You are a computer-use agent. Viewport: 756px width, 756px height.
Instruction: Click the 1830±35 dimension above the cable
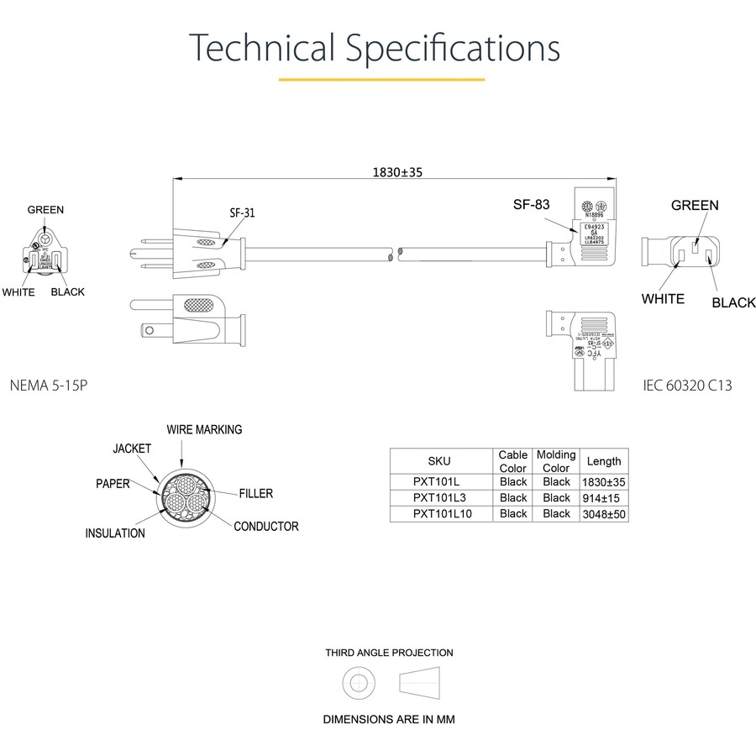tap(397, 172)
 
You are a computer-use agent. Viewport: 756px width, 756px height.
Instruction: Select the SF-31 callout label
tap(242, 213)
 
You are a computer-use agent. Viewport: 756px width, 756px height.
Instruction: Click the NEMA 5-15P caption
tap(49, 386)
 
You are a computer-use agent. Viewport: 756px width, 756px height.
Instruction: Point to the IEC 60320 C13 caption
tap(687, 386)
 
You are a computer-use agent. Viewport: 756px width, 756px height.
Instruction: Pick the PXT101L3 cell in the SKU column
tap(438, 497)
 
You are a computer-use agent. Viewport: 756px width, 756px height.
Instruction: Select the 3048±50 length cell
tap(604, 513)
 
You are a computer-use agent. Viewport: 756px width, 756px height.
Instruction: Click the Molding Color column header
tap(556, 461)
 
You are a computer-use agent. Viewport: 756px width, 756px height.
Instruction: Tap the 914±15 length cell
tap(604, 497)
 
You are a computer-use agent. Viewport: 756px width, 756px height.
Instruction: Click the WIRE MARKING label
tap(204, 429)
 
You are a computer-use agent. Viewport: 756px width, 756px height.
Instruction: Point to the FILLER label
tap(255, 494)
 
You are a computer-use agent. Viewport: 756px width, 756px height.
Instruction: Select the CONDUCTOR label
tap(265, 527)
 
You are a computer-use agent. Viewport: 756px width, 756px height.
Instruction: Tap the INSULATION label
tap(115, 533)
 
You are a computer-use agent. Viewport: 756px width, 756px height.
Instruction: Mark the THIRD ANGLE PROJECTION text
tap(389, 653)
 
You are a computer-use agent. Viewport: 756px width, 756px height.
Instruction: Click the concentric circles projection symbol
tap(359, 683)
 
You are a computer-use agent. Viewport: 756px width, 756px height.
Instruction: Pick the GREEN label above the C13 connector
tap(695, 205)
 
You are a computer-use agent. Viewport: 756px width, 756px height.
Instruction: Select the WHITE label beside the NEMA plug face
tap(18, 292)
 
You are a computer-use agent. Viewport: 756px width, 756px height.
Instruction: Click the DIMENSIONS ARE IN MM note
tap(390, 720)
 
